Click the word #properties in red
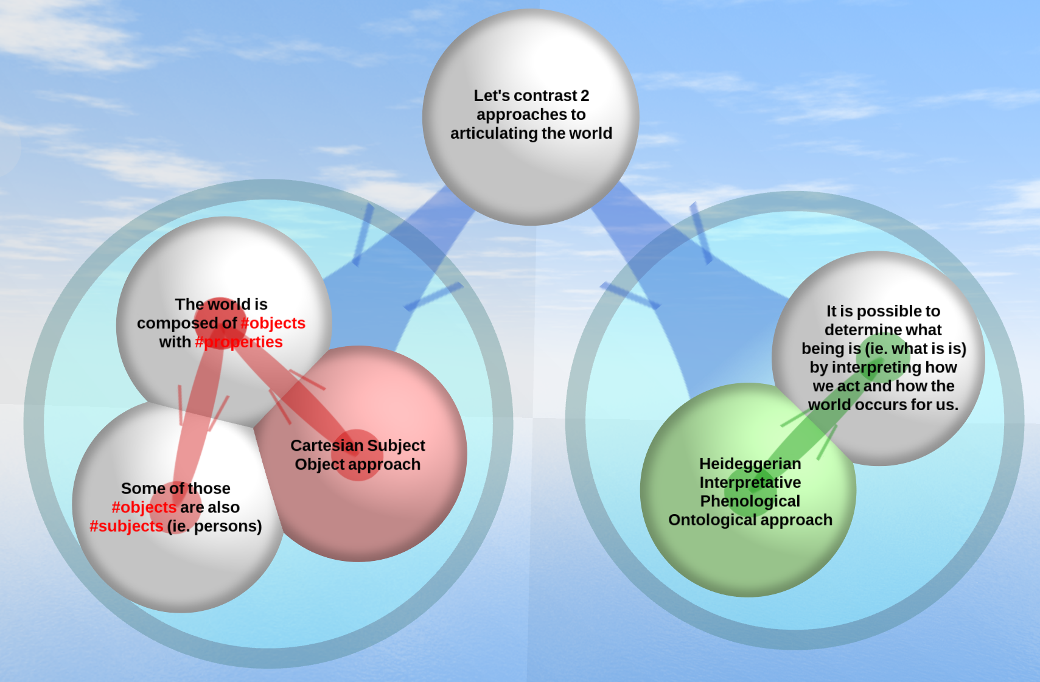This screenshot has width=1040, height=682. click(239, 342)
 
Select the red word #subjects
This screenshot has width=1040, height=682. click(127, 526)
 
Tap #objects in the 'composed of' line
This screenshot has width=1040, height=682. click(273, 323)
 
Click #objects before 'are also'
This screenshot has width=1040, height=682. click(144, 507)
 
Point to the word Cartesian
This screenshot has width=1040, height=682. click(327, 445)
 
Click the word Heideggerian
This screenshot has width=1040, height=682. click(750, 464)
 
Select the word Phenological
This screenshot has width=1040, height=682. click(750, 501)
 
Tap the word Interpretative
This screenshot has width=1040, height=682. click(750, 482)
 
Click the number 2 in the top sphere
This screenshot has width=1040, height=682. click(585, 96)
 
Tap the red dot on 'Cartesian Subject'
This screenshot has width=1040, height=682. click(357, 454)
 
